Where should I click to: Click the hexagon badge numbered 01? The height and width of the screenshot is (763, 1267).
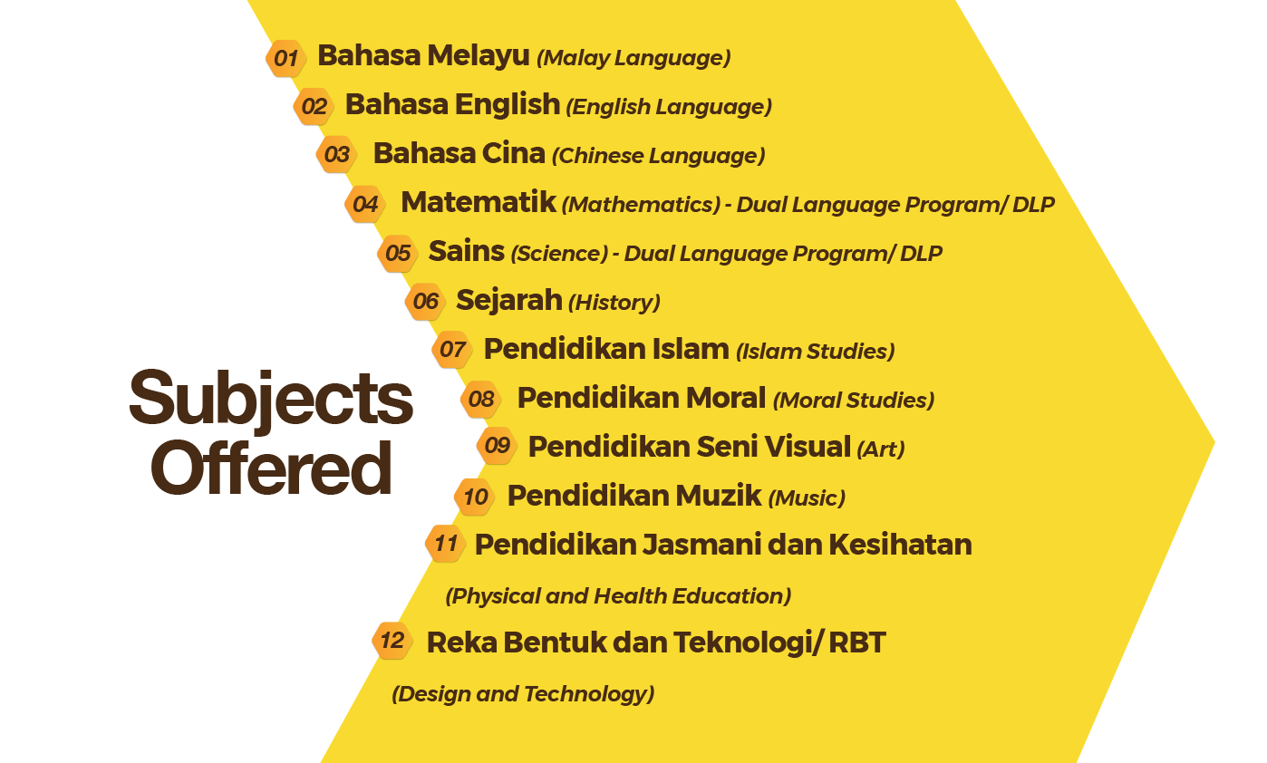pyautogui.click(x=285, y=58)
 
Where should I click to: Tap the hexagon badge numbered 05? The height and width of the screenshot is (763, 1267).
pyautogui.click(x=398, y=253)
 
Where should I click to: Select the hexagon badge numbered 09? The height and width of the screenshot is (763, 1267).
pyautogui.click(x=498, y=445)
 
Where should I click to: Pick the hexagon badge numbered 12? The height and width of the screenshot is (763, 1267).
pyautogui.click(x=392, y=641)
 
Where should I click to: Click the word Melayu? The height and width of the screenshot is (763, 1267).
pyautogui.click(x=479, y=56)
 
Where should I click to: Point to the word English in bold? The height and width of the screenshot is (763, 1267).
pyautogui.click(x=508, y=105)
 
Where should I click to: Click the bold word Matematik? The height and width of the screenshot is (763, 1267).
pyautogui.click(x=479, y=202)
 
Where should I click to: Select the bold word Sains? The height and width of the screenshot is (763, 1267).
pyautogui.click(x=467, y=251)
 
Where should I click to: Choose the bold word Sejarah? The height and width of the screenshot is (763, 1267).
pyautogui.click(x=509, y=301)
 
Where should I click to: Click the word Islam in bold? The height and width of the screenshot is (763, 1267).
pyautogui.click(x=691, y=349)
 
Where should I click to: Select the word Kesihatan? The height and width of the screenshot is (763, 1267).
pyautogui.click(x=901, y=545)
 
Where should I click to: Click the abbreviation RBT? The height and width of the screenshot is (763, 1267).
pyautogui.click(x=857, y=642)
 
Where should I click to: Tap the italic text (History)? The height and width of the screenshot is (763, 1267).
pyautogui.click(x=614, y=303)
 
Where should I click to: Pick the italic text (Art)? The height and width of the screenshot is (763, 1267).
pyautogui.click(x=881, y=449)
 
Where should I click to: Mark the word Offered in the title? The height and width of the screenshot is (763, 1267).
pyautogui.click(x=271, y=468)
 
